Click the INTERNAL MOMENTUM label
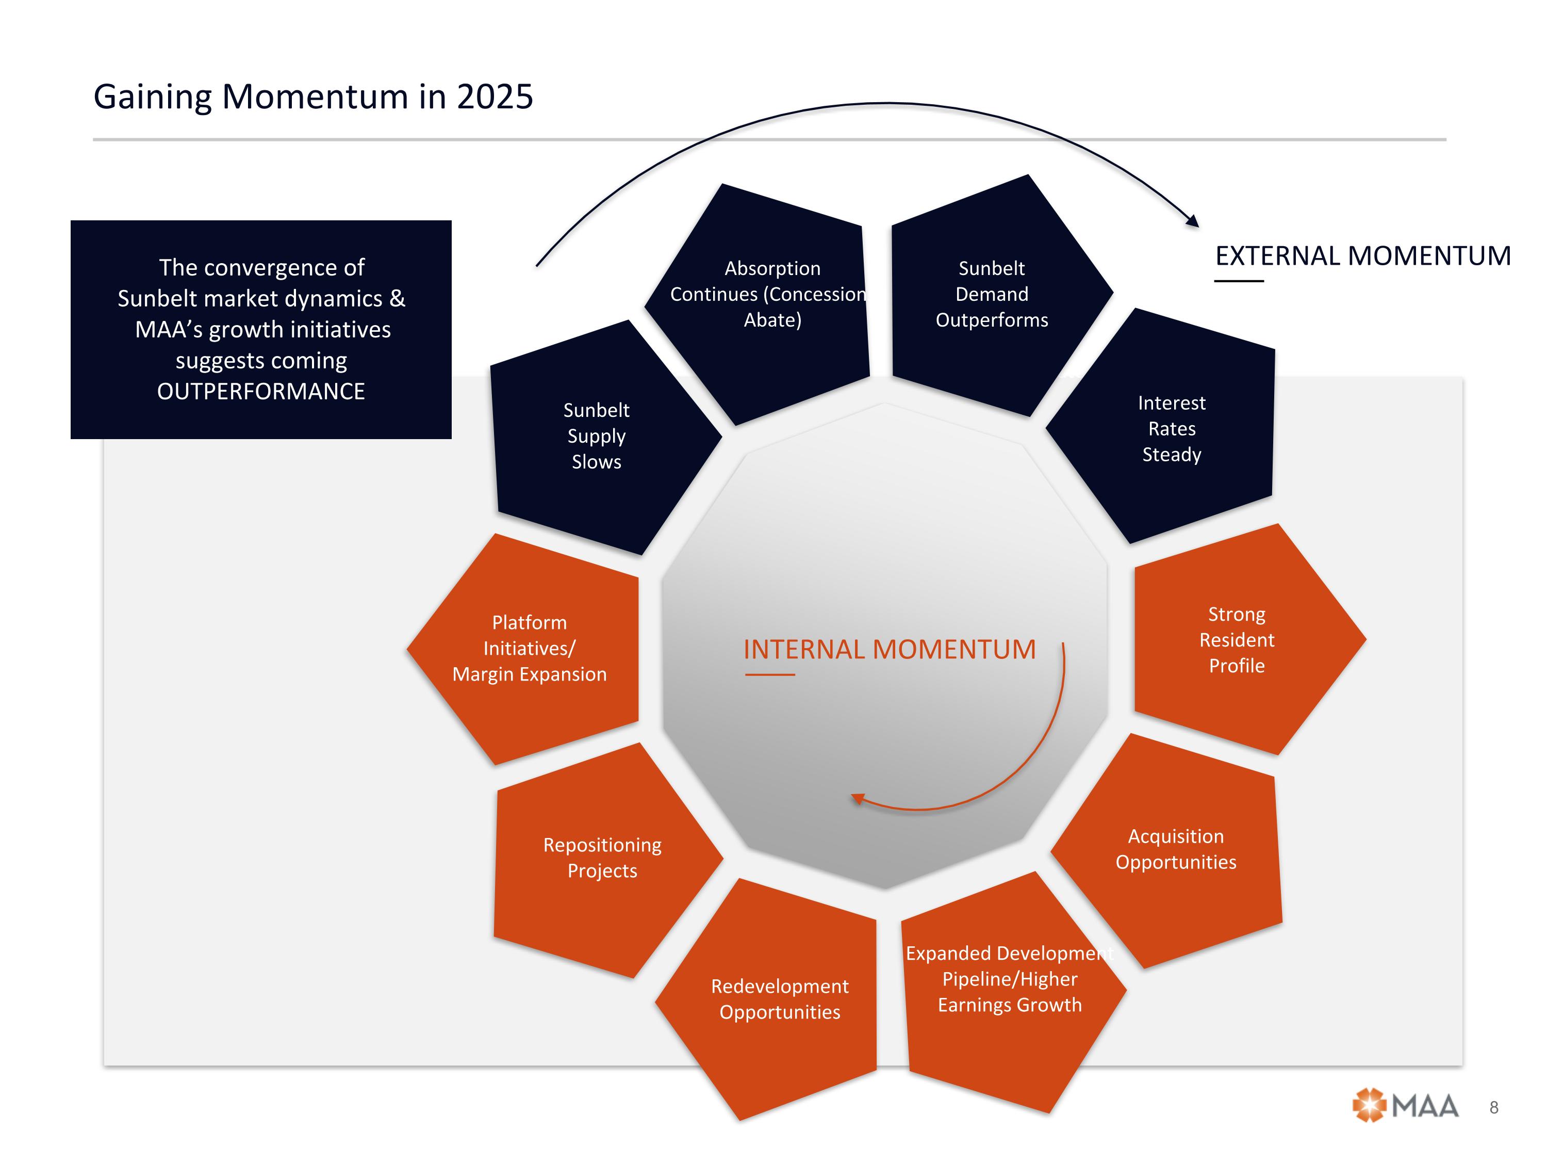click(x=889, y=650)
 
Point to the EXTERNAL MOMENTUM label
click(x=1362, y=256)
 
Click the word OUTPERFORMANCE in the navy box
click(x=261, y=391)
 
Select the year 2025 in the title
click(x=495, y=96)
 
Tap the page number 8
click(x=1494, y=1107)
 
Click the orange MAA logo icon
click(x=1369, y=1106)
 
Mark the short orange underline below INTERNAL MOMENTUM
click(x=769, y=674)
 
